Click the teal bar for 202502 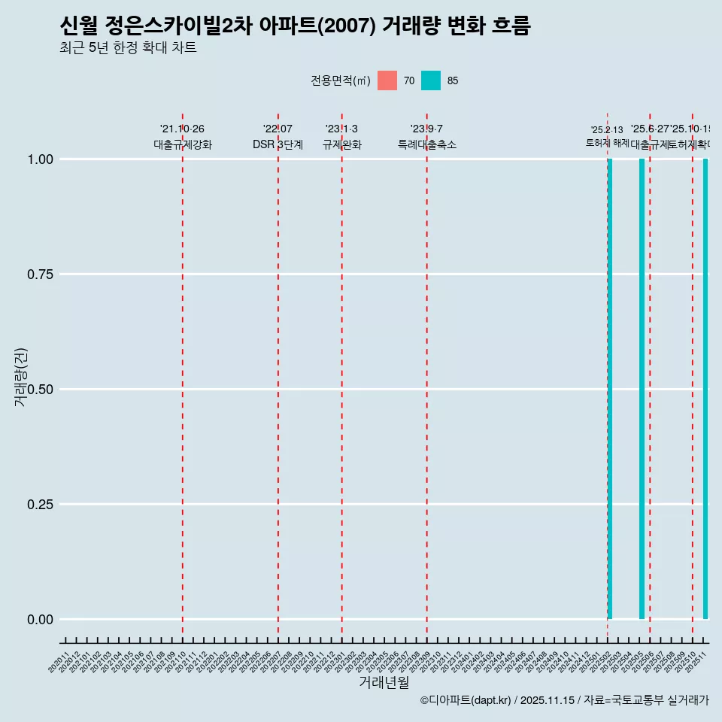tap(610, 389)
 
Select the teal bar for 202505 tap(642, 389)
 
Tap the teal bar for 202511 tap(705, 389)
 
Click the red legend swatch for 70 tap(387, 80)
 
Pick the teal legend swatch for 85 tap(431, 80)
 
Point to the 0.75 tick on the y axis tap(38, 275)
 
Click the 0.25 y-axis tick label tap(38, 505)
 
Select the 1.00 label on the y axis tap(38, 159)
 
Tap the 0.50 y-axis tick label tap(38, 390)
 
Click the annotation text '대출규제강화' tap(183, 144)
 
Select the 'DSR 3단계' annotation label tap(278, 144)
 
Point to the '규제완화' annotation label tap(342, 144)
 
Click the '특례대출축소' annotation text tap(427, 144)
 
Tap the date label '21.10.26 tap(182, 129)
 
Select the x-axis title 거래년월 tap(384, 683)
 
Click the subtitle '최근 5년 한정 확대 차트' tap(128, 48)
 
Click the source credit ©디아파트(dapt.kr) tap(466, 700)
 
